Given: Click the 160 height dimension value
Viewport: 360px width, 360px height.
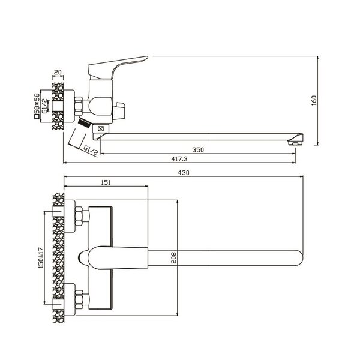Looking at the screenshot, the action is pyautogui.click(x=314, y=100).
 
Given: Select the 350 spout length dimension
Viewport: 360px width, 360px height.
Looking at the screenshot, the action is pyautogui.click(x=198, y=150).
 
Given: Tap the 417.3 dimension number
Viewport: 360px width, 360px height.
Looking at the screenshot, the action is pyautogui.click(x=179, y=159).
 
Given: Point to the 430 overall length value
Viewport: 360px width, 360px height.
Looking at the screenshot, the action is pyautogui.click(x=184, y=173).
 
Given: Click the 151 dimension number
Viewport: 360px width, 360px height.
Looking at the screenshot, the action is pyautogui.click(x=106, y=182).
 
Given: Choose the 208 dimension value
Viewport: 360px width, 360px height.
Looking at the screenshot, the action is pyautogui.click(x=174, y=257).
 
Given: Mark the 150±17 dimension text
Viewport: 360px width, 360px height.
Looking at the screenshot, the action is pyautogui.click(x=41, y=258).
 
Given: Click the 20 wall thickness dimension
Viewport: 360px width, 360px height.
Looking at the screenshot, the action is pyautogui.click(x=58, y=72).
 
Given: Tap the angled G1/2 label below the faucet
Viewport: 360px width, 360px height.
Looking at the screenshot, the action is pyautogui.click(x=90, y=150).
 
